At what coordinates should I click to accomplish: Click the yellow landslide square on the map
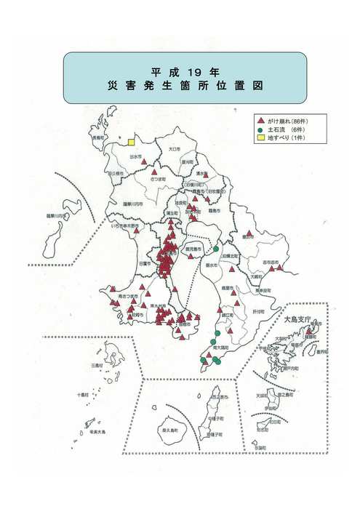coord(132,143)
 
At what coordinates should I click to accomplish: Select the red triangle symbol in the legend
coord(259,119)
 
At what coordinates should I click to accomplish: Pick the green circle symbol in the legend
coord(259,128)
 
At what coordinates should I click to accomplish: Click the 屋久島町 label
coord(173,431)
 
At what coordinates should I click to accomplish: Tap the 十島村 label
coord(82,396)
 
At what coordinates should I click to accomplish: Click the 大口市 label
coord(173,148)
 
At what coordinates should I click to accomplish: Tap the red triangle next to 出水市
coord(144,162)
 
